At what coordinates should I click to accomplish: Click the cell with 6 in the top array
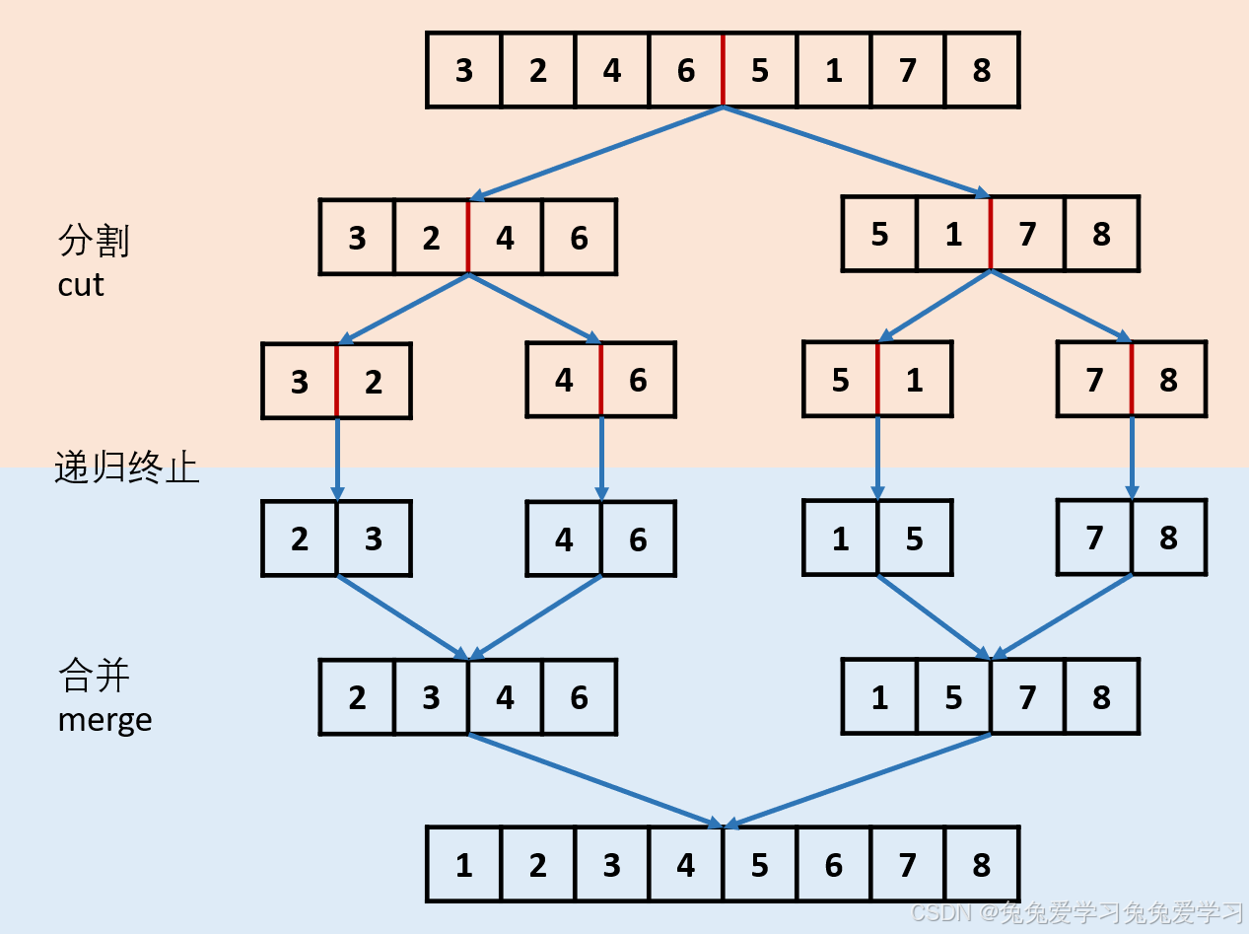[686, 70]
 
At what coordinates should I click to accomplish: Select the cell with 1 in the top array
[834, 70]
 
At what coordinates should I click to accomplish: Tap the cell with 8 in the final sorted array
[982, 865]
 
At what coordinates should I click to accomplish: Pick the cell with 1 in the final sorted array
[464, 865]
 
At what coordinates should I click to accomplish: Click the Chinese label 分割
[95, 241]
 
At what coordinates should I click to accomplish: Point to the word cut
[81, 285]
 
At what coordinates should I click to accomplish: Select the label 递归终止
[127, 467]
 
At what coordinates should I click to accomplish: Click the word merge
[104, 719]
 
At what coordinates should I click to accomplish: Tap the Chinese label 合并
[95, 677]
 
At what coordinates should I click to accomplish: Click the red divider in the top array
[724, 69]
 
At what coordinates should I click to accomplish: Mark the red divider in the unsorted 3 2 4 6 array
[468, 237]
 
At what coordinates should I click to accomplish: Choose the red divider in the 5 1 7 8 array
[991, 234]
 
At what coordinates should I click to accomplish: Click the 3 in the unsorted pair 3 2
[300, 382]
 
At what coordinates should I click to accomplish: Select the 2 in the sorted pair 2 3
[300, 539]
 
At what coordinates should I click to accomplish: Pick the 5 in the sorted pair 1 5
[915, 539]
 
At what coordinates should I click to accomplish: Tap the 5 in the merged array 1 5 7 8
[953, 697]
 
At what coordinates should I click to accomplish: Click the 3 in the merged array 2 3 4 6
[431, 697]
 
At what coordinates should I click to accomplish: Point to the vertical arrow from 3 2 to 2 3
[337, 459]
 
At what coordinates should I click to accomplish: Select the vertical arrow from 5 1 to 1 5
[877, 459]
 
